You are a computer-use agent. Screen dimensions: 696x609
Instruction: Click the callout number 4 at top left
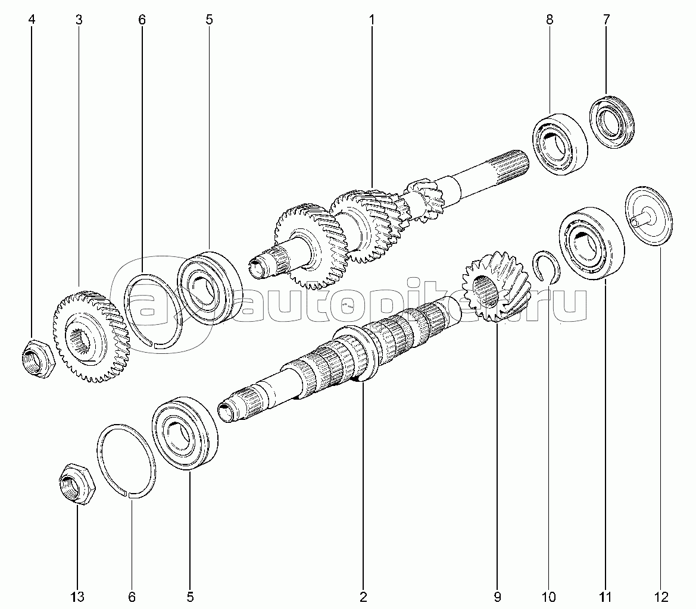pos(32,20)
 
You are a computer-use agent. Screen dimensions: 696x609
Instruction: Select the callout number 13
pos(77,597)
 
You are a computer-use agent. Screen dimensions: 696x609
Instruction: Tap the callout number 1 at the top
pos(372,20)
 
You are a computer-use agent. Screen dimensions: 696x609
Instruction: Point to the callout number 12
pos(661,597)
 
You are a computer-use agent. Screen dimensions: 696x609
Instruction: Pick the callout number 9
pos(497,597)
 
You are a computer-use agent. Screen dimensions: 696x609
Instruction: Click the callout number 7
pos(606,20)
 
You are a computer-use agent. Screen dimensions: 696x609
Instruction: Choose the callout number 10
pos(549,597)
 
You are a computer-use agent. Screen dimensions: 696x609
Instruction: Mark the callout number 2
pos(364,597)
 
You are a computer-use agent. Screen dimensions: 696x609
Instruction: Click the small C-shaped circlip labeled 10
pos(547,267)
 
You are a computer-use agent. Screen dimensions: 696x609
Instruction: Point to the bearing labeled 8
pos(560,139)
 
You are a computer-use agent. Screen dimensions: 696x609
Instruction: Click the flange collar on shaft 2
pos(355,352)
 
